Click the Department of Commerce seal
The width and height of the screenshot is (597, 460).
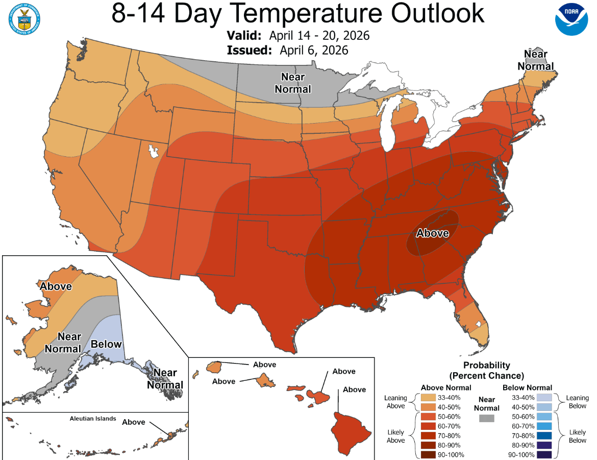(x=24, y=19)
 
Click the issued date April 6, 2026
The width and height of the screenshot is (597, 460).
(x=314, y=50)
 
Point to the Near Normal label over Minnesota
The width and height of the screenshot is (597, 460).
(x=293, y=83)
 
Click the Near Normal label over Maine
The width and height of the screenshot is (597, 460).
(x=535, y=60)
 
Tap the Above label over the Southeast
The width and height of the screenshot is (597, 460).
(x=433, y=233)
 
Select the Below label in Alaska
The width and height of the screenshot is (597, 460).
(x=106, y=344)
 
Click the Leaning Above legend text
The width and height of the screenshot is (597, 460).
(x=395, y=402)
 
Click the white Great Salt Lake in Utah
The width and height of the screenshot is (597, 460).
(x=152, y=152)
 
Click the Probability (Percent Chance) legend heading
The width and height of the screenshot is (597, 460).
(x=487, y=370)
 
